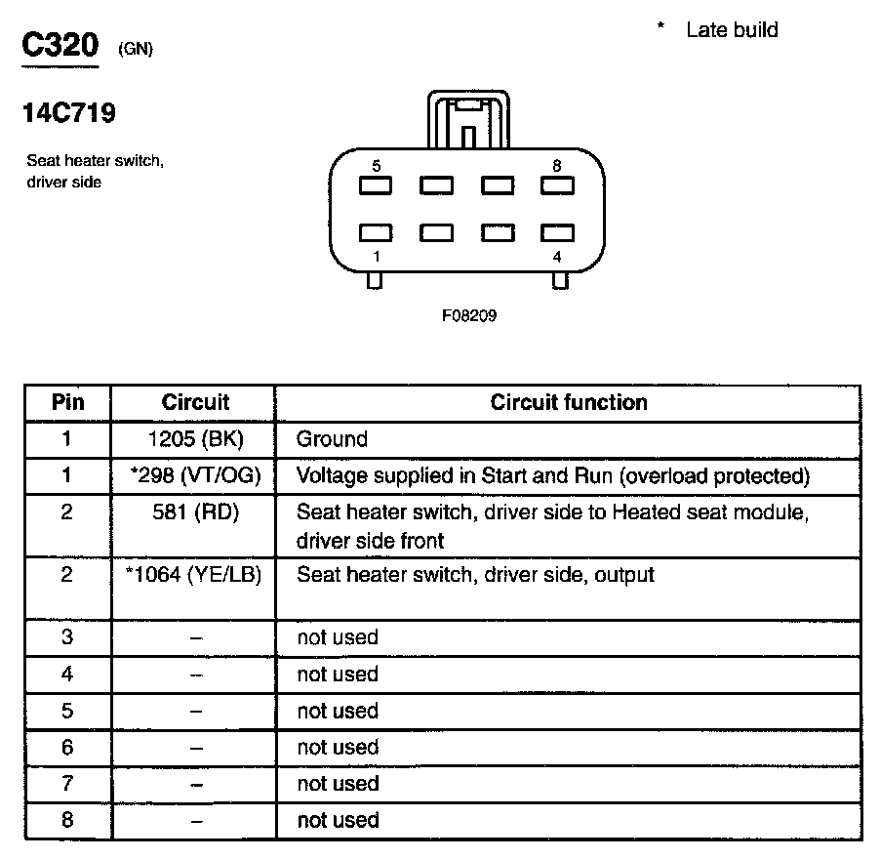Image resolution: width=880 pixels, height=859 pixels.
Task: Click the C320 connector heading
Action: point(60,47)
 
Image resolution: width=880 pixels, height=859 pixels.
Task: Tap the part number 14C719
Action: point(69,114)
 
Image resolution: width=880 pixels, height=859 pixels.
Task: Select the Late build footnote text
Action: point(732,30)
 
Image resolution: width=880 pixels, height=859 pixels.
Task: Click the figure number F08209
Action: point(469,316)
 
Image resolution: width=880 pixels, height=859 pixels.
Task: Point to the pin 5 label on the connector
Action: point(377,166)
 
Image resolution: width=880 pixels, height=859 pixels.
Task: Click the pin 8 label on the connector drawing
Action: point(556,166)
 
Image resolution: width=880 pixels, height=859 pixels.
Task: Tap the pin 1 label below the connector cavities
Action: point(377,257)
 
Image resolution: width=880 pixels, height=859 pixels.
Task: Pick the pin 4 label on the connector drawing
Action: point(556,257)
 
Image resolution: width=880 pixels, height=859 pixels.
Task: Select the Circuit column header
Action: point(195,402)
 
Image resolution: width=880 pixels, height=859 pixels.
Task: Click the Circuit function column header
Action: point(569,402)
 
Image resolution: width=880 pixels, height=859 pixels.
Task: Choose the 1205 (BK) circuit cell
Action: point(195,439)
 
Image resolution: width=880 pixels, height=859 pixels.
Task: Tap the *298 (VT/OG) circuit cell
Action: point(195,476)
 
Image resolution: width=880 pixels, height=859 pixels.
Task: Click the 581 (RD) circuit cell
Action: point(195,512)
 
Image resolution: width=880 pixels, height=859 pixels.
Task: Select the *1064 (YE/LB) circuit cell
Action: point(195,575)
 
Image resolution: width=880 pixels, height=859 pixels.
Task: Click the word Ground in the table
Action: point(333,439)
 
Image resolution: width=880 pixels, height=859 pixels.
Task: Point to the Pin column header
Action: point(67,402)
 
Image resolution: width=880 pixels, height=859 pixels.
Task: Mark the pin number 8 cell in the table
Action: point(67,820)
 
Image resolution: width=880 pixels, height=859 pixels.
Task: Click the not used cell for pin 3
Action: point(338,637)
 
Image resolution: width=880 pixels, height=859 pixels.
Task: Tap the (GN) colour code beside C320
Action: point(136,50)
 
